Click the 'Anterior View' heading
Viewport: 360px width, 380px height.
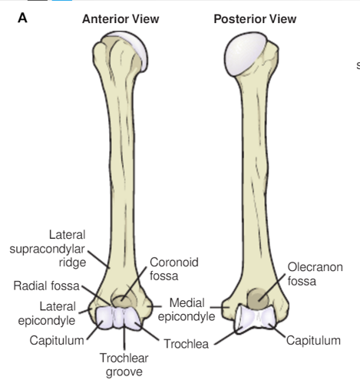tap(121, 19)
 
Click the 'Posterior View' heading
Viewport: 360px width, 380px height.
tap(255, 19)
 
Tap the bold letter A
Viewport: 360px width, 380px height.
tap(22, 18)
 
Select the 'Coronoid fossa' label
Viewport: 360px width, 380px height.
tap(174, 269)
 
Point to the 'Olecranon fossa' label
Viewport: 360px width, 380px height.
tap(315, 274)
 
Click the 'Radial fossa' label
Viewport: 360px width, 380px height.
tap(46, 286)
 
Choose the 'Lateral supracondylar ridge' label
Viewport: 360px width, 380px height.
tap(48, 249)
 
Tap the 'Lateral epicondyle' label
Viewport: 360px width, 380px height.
tap(47, 313)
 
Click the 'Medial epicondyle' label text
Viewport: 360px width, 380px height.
tap(187, 309)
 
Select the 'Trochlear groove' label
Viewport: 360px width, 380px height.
tap(124, 365)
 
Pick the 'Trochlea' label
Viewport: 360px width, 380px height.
tap(187, 344)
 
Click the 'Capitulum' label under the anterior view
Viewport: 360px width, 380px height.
tap(57, 341)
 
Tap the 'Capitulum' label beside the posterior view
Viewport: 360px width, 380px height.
tap(313, 341)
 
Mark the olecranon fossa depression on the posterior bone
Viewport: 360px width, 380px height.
tap(258, 299)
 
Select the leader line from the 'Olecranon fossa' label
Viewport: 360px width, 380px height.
tap(272, 287)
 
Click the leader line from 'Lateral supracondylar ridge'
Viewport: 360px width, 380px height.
tap(99, 259)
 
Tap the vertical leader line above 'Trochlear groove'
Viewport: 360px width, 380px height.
tap(124, 337)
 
